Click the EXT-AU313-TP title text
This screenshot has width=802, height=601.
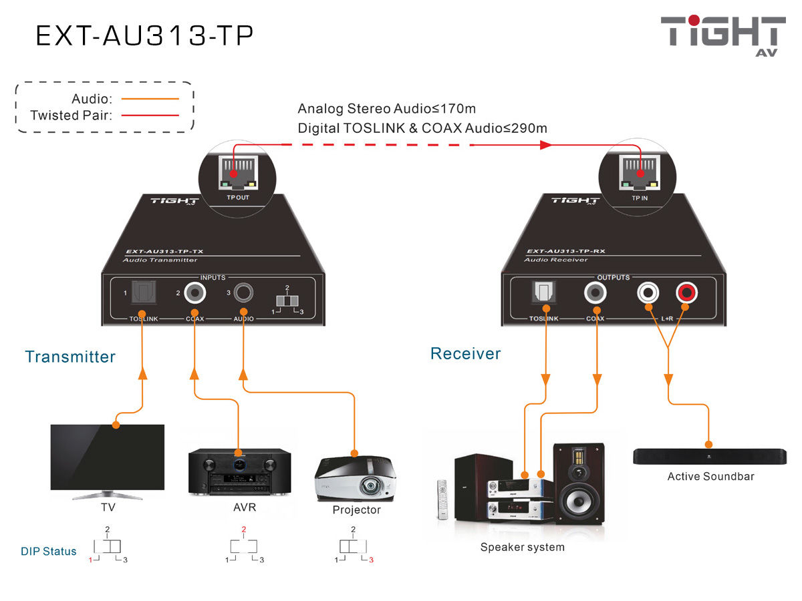(x=144, y=36)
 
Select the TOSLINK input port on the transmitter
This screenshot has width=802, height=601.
(x=142, y=292)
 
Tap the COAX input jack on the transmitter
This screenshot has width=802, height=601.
(x=194, y=292)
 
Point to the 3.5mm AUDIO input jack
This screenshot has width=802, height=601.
(x=244, y=292)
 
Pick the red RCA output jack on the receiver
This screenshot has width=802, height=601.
(x=686, y=292)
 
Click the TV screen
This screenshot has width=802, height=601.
(x=108, y=458)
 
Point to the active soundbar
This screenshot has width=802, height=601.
(x=710, y=457)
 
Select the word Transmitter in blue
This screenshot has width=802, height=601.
(x=70, y=357)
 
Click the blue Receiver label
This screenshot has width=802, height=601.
(x=465, y=353)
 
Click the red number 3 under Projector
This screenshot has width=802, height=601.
(x=372, y=560)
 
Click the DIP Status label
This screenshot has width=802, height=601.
(x=48, y=552)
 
